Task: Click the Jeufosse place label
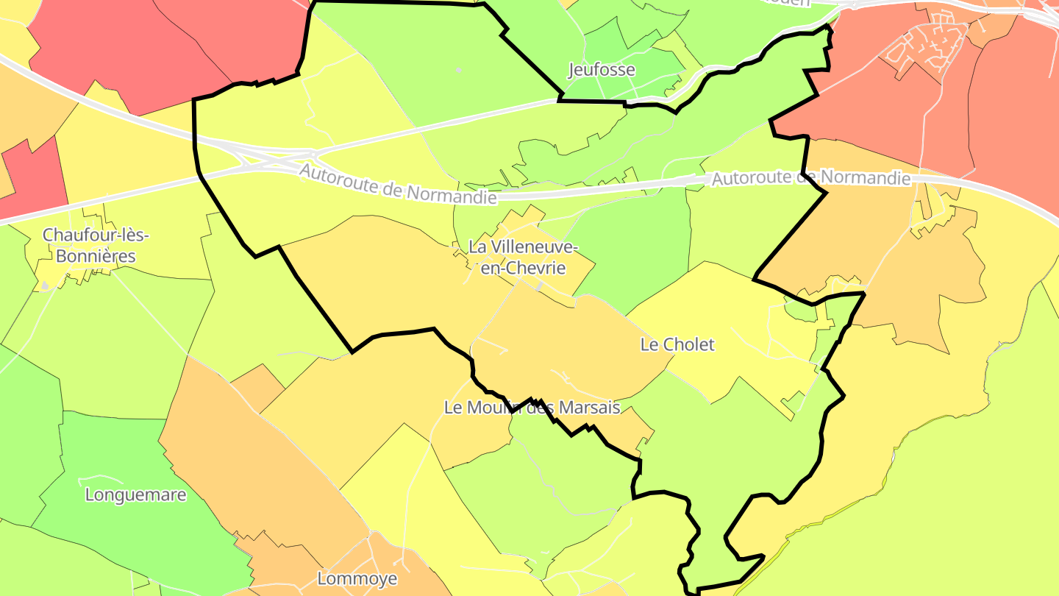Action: (x=602, y=70)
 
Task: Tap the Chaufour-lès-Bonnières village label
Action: (x=96, y=246)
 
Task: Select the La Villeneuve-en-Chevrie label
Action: (x=523, y=257)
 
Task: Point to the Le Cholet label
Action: (x=677, y=344)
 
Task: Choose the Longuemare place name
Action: (x=136, y=494)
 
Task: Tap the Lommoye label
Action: (x=357, y=578)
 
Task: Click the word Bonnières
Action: (x=96, y=256)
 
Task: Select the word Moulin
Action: (x=496, y=407)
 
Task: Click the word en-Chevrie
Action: (x=523, y=268)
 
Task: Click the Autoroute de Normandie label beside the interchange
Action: (x=397, y=184)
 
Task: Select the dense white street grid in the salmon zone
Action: (x=923, y=44)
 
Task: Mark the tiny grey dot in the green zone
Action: (x=459, y=70)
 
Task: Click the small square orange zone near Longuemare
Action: (x=257, y=386)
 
